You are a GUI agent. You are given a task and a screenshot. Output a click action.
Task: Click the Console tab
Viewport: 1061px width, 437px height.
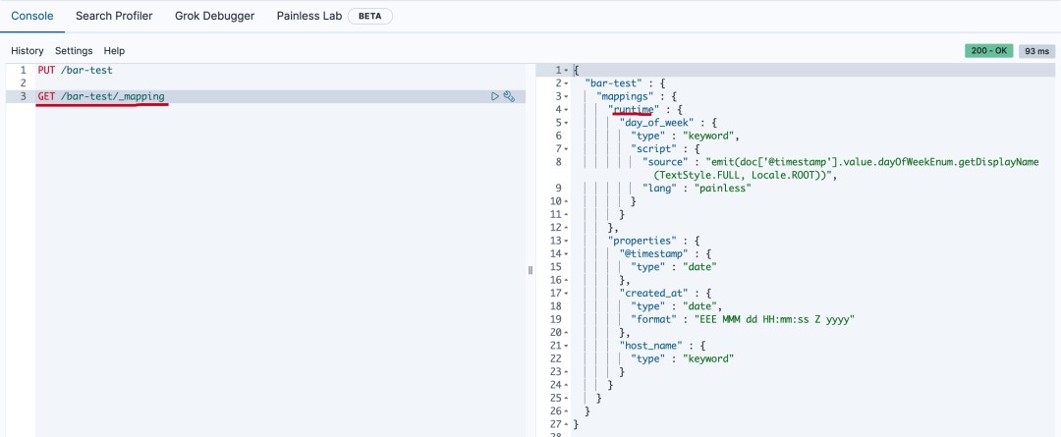pyautogui.click(x=31, y=16)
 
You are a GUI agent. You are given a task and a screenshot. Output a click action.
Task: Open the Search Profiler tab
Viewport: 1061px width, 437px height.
pyautogui.click(x=113, y=16)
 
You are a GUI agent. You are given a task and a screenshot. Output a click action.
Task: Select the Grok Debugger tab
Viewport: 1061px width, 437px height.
pyautogui.click(x=214, y=16)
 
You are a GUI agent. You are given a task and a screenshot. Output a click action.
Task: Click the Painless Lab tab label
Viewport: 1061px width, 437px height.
pyautogui.click(x=308, y=16)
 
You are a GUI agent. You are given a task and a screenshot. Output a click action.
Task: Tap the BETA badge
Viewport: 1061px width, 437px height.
pyautogui.click(x=370, y=16)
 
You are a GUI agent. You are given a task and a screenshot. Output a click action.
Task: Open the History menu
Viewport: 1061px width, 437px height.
pyautogui.click(x=28, y=50)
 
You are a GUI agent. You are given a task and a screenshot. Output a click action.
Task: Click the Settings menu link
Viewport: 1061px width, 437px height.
pyautogui.click(x=74, y=50)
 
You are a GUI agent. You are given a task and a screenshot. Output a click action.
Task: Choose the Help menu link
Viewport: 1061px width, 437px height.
pyautogui.click(x=114, y=50)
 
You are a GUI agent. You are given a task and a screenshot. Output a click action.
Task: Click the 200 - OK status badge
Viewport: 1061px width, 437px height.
pyautogui.click(x=989, y=50)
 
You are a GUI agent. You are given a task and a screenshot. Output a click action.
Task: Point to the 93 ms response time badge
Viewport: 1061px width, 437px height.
pyautogui.click(x=1035, y=50)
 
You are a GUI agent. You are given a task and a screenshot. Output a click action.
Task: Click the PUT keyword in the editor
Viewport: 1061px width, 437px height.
pyautogui.click(x=46, y=71)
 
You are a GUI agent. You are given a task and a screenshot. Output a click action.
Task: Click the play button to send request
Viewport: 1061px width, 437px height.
pyautogui.click(x=495, y=96)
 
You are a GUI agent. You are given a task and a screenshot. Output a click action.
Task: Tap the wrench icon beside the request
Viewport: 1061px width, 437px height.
pyautogui.click(x=509, y=96)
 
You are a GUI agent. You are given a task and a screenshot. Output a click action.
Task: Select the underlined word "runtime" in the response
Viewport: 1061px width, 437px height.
pyautogui.click(x=632, y=109)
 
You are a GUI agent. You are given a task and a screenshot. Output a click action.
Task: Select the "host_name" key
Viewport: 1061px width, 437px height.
pyautogui.click(x=653, y=346)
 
